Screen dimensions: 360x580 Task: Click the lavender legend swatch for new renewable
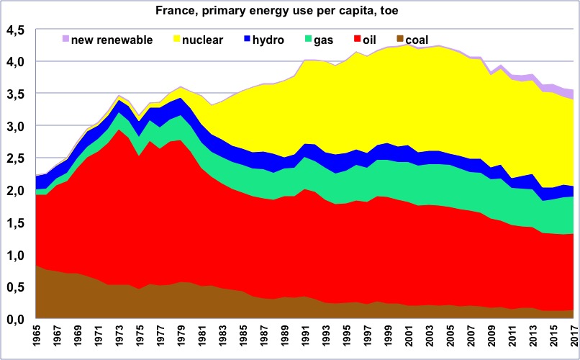point(65,40)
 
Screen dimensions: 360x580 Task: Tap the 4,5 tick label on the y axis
point(16,30)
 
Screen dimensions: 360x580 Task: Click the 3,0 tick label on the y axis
point(16,127)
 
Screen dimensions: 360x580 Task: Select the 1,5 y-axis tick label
point(16,223)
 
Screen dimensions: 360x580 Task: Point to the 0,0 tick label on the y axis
point(16,320)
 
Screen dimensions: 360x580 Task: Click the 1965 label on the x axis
point(37,339)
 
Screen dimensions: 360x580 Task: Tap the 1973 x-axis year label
point(119,339)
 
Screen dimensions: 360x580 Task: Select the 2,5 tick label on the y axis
point(16,159)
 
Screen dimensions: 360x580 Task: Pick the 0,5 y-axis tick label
point(16,287)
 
